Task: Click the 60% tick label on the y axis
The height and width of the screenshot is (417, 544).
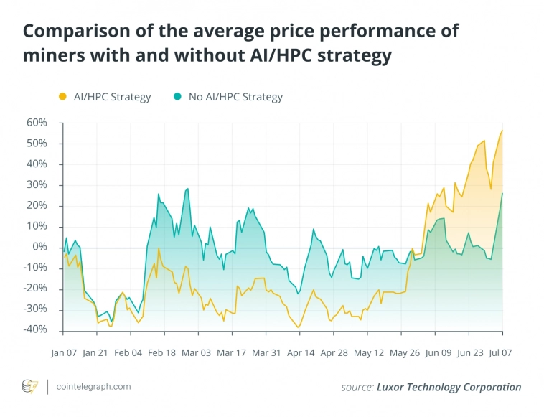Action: pyautogui.click(x=37, y=123)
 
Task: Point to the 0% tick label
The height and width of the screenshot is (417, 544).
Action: pyautogui.click(x=39, y=248)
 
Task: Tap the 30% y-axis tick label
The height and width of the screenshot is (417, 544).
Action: pyautogui.click(x=37, y=185)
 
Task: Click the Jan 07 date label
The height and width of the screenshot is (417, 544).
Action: pyautogui.click(x=63, y=353)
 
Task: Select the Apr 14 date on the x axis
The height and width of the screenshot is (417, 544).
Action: pyautogui.click(x=300, y=353)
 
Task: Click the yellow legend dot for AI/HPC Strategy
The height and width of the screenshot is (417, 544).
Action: pyautogui.click(x=62, y=97)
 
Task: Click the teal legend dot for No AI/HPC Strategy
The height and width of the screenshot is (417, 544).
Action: pyautogui.click(x=177, y=97)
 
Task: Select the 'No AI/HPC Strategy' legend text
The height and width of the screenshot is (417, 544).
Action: pyautogui.click(x=235, y=97)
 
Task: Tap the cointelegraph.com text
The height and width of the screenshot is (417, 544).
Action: pyautogui.click(x=93, y=386)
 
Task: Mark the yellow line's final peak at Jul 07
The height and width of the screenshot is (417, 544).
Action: pyautogui.click(x=502, y=131)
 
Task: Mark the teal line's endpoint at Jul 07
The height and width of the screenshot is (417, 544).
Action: pyautogui.click(x=502, y=193)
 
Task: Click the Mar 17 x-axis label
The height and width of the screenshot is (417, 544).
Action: pyautogui.click(x=231, y=353)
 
